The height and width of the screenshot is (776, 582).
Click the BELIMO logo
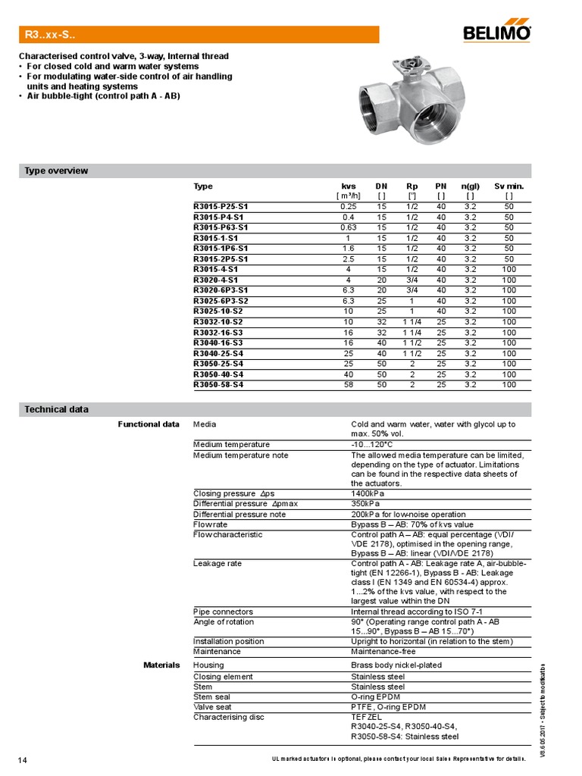click(498, 34)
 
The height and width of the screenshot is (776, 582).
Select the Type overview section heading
click(57, 171)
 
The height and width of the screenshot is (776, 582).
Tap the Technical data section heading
click(57, 409)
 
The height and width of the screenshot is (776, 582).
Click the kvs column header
click(349, 186)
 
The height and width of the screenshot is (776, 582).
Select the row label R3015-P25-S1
click(221, 206)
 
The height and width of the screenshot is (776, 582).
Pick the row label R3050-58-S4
click(218, 385)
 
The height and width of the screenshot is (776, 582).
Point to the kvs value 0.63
click(349, 227)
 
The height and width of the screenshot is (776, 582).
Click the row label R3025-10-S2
click(218, 311)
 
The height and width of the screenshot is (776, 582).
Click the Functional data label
click(149, 424)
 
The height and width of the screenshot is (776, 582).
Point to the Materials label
click(161, 665)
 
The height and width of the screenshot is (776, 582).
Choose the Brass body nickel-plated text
click(396, 665)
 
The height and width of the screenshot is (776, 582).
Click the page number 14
click(23, 759)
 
